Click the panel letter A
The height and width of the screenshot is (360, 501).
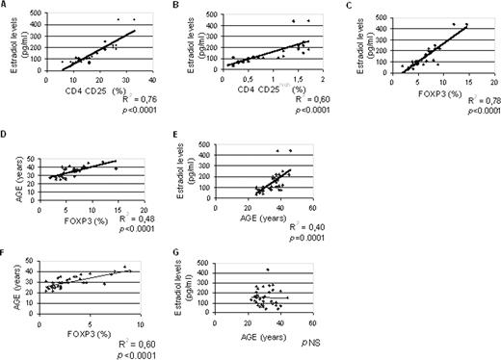[5, 6]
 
